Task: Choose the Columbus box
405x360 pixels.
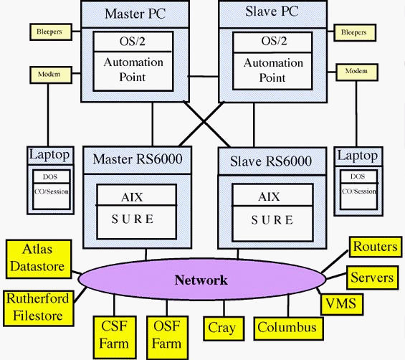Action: point(286,328)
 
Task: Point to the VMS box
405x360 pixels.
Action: point(340,304)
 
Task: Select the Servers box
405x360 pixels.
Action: point(371,277)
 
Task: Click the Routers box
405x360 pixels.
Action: point(374,247)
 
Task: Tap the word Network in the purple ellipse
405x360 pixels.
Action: point(201,280)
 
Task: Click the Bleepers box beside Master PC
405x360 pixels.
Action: point(49,32)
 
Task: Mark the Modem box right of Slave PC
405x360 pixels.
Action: point(356,71)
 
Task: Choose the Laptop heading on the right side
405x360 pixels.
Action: point(356,155)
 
